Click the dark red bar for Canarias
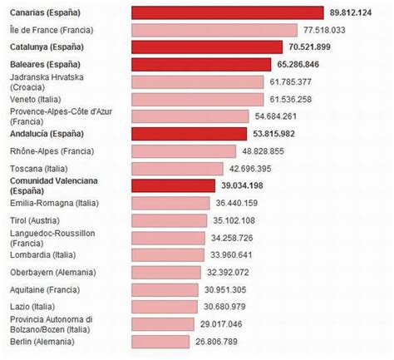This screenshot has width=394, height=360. pos(227,12)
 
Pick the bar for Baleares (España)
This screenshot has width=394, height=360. pos(201,64)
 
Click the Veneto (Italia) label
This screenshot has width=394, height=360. pos(40,99)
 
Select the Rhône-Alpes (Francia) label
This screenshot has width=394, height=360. pos(52,150)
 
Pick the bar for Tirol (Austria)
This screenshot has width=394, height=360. pos(170,220)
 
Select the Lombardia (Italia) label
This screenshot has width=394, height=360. pos(42,254)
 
